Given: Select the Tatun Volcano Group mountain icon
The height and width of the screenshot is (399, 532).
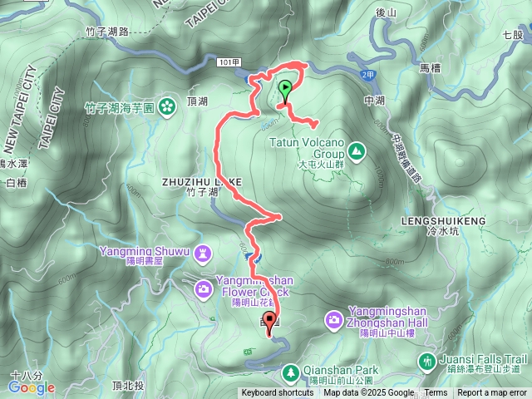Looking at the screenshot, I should pos(357,150).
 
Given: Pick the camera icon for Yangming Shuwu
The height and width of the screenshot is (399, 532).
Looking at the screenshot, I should pos(203,288).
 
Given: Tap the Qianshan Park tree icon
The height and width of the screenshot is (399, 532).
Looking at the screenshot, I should pos(290,371).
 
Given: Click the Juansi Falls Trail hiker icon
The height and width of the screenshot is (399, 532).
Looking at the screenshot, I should pos(426,361).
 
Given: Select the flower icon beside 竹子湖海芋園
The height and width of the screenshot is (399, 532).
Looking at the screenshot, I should pos(167,106).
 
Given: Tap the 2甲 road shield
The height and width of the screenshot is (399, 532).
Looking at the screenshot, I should pos(368,76).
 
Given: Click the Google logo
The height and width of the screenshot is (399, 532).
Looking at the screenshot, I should pos(32,387).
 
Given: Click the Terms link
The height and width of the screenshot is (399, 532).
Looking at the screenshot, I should pos(436,393).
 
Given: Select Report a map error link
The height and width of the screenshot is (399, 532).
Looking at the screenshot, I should pos(492,393).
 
